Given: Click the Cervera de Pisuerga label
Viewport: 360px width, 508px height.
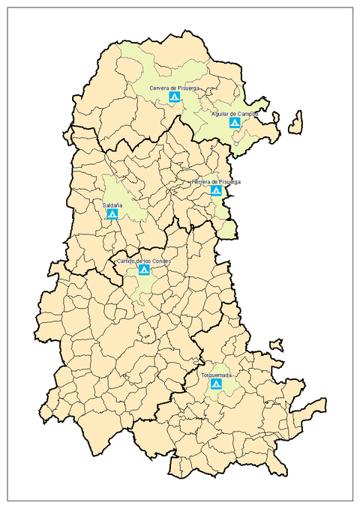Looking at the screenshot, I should [174, 88].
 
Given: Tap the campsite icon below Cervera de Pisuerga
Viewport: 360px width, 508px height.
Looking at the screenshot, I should [174, 97].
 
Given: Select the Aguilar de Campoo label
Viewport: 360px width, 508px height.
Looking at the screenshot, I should [235, 113].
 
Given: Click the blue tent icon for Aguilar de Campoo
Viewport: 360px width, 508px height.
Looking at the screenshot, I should [235, 122].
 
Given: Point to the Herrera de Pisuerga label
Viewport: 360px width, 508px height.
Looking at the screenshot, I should [216, 181].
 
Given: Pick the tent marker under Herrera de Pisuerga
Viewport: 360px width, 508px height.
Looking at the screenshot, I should [217, 191].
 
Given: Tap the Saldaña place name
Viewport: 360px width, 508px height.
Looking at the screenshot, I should [112, 204].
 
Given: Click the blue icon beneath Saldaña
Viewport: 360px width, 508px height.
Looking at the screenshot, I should [112, 214].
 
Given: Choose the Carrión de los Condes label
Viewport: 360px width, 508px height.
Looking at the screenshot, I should [143, 260].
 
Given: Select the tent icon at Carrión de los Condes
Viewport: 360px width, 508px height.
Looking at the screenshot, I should [143, 270].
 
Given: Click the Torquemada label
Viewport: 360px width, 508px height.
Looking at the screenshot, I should [216, 374].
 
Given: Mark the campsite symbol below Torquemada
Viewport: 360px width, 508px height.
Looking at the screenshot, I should [216, 384].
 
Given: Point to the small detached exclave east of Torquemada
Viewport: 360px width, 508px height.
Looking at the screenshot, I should [277, 345].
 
